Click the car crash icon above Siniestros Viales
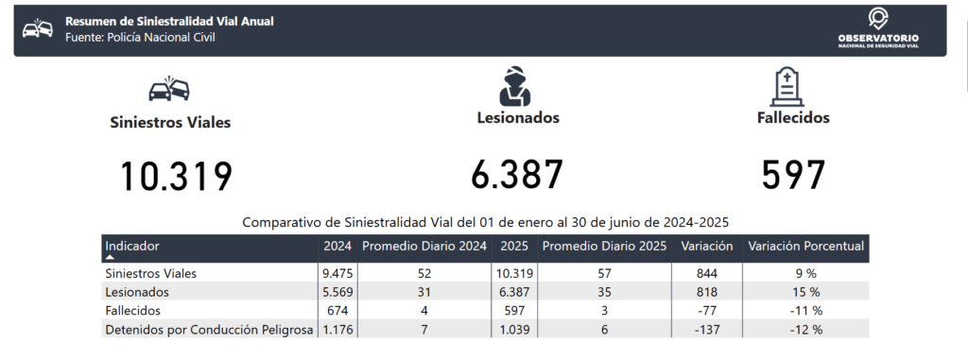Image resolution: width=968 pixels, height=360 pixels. [169, 89]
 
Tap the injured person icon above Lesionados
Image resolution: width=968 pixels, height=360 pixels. [515, 86]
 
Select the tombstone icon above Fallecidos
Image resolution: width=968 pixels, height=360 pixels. [787, 87]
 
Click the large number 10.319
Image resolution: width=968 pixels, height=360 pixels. [177, 177]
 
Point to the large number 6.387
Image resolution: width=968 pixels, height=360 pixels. [517, 175]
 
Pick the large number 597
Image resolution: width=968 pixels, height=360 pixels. [793, 175]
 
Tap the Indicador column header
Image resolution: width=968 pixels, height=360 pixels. [132, 246]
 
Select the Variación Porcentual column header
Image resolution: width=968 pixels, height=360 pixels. [805, 246]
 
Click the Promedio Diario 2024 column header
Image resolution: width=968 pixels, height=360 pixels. [424, 246]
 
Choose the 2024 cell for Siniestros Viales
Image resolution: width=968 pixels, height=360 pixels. [337, 273]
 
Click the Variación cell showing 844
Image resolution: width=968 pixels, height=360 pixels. [707, 273]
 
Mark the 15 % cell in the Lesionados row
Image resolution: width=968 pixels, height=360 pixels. [805, 291]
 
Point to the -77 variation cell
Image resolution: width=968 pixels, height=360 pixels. [707, 311]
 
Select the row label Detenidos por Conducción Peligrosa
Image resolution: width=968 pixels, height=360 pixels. [209, 330]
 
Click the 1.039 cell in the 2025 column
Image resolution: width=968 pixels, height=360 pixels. [515, 330]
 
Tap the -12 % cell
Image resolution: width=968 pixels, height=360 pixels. [805, 330]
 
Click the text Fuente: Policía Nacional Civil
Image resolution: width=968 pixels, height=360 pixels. [140, 38]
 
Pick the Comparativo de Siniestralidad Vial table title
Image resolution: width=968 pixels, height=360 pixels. [485, 222]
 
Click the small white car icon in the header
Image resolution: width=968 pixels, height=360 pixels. [38, 28]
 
